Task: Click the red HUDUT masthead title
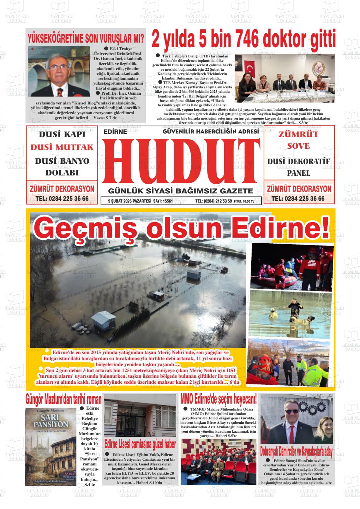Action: point(181,161)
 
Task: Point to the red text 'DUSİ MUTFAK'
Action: point(62,147)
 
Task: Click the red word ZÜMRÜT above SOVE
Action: point(298,134)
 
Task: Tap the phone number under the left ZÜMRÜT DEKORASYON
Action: point(62,199)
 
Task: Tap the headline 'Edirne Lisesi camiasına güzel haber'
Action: point(140,444)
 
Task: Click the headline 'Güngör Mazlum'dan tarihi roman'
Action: point(63,399)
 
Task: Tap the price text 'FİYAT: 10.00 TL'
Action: point(244,201)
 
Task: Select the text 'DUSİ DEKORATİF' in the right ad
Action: point(298,162)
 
